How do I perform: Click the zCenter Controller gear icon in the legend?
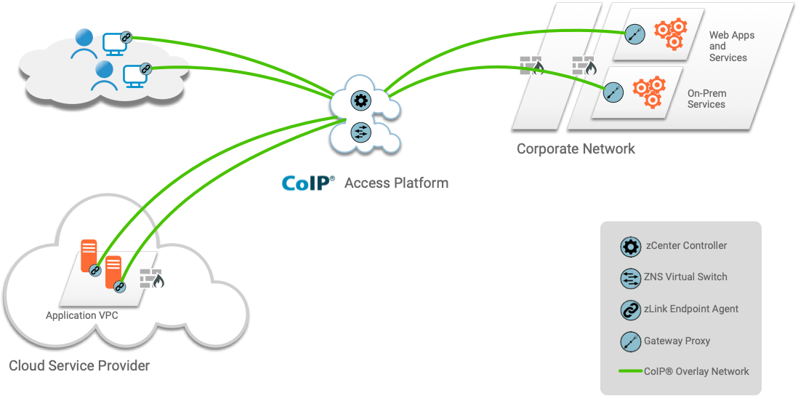point(630,246)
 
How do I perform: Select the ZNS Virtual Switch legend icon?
point(630,277)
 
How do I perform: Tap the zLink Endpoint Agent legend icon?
point(630,309)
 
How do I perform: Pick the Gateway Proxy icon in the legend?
point(630,341)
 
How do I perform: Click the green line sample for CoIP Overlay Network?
point(629,371)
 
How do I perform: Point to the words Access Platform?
point(396,183)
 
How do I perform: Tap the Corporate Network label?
point(576,148)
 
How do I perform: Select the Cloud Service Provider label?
point(79,365)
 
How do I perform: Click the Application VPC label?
point(81,316)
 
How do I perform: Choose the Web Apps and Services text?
point(731,46)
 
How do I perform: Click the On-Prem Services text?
point(706,99)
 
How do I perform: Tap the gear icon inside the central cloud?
point(360,100)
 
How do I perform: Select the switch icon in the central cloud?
point(360,132)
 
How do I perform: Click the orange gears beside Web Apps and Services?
point(670,33)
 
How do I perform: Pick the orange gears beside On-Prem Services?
point(648,91)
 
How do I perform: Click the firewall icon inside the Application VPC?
point(152,279)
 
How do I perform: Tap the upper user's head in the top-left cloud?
point(84,37)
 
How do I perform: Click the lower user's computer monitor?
point(135,74)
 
